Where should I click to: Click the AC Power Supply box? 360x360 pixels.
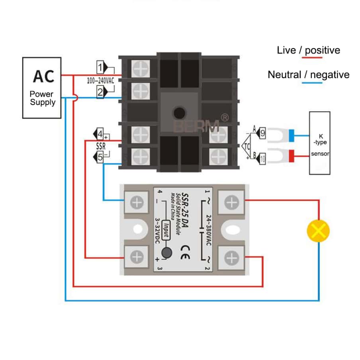[41, 88]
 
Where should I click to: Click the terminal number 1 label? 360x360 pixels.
[100, 66]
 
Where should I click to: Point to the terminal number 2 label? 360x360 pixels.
[100, 92]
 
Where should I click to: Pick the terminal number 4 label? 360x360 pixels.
[100, 133]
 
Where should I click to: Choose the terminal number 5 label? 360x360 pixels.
[100, 157]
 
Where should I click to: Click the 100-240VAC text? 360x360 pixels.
[100, 80]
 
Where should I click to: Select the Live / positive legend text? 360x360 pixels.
[308, 51]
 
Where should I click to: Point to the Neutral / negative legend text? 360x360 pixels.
[308, 74]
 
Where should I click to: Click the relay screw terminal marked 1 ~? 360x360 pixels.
[231, 202]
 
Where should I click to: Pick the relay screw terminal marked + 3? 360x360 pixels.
[136, 257]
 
